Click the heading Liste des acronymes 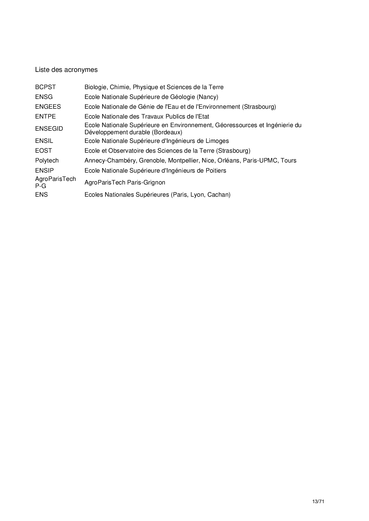click(x=66, y=70)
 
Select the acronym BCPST click(x=45, y=87)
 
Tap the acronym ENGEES click(x=48, y=107)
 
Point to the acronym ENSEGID click(x=49, y=129)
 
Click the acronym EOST click(x=43, y=151)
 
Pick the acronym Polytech click(x=47, y=161)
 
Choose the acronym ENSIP click(x=44, y=170)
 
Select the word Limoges click(x=218, y=141)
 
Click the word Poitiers click(x=216, y=170)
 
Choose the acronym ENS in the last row click(x=41, y=195)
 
